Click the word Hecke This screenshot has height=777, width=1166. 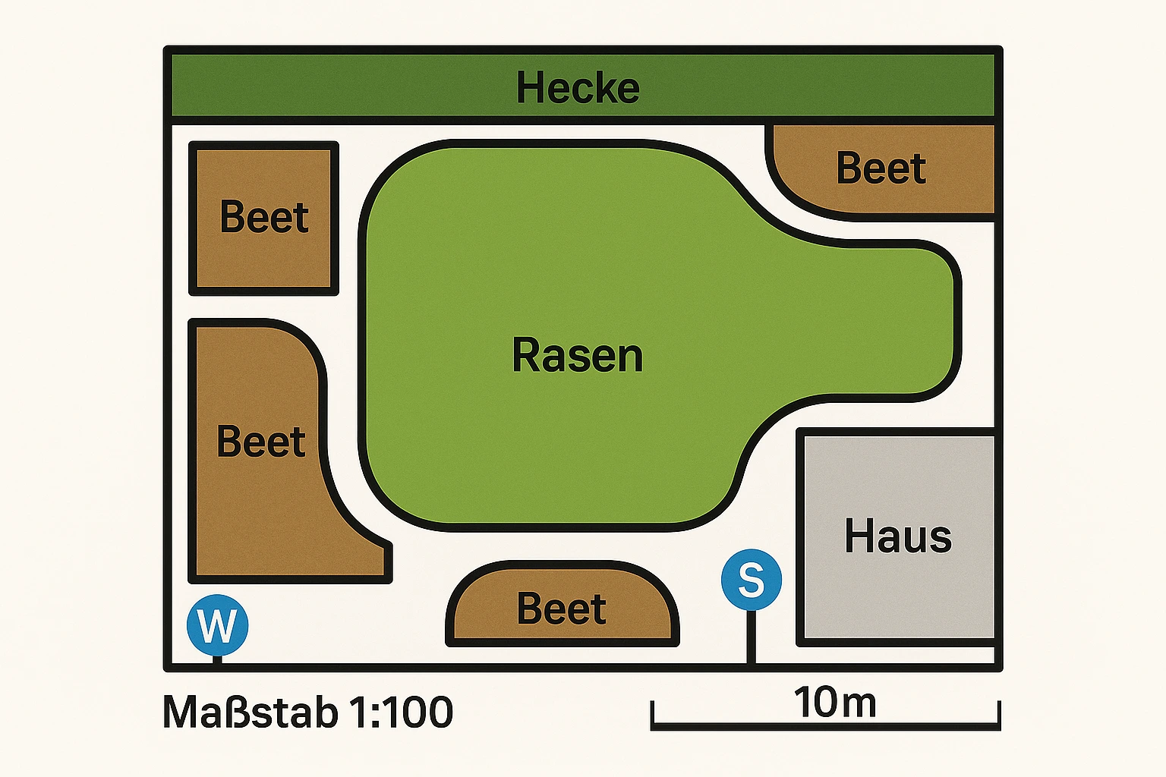(x=578, y=88)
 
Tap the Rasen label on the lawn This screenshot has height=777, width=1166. (x=578, y=355)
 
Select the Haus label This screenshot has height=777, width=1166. (x=898, y=536)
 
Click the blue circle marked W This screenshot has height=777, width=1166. (x=217, y=625)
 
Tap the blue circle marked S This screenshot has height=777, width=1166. (x=752, y=580)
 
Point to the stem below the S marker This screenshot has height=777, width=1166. (x=752, y=637)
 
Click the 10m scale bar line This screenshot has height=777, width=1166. (x=826, y=726)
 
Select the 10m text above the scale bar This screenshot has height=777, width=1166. (x=835, y=703)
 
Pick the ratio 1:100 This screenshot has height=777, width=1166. (x=402, y=713)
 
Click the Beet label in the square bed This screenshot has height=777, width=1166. (x=264, y=218)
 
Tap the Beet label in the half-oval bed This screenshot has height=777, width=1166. (x=562, y=609)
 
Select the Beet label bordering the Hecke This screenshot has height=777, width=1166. (x=881, y=168)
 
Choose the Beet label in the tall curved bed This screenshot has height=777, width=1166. (x=261, y=442)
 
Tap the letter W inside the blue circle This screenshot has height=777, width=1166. (x=217, y=626)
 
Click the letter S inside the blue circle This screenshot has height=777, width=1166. (x=752, y=580)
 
